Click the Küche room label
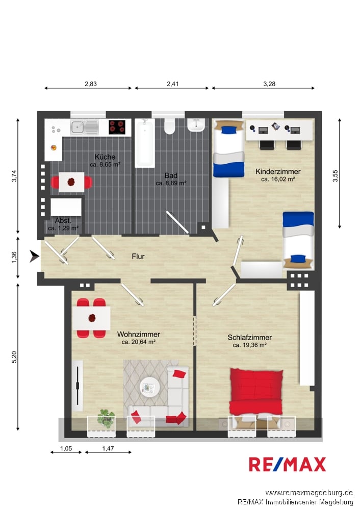point(105,157)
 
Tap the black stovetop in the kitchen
point(117,127)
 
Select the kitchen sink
point(84,127)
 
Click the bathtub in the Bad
point(145,143)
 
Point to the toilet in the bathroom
point(169,126)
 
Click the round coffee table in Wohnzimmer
point(149,388)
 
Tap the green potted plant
point(106,418)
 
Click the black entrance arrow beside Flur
point(34,257)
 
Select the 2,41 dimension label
point(173,84)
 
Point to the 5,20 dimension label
point(14,357)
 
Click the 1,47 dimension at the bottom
point(108,448)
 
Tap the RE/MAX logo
point(287,464)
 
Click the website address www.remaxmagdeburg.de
point(309,493)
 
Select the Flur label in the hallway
point(138,257)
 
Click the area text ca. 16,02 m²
point(278,179)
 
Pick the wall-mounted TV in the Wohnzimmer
point(78,386)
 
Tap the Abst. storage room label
point(63,220)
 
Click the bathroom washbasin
point(196,125)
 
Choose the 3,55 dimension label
point(336,176)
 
